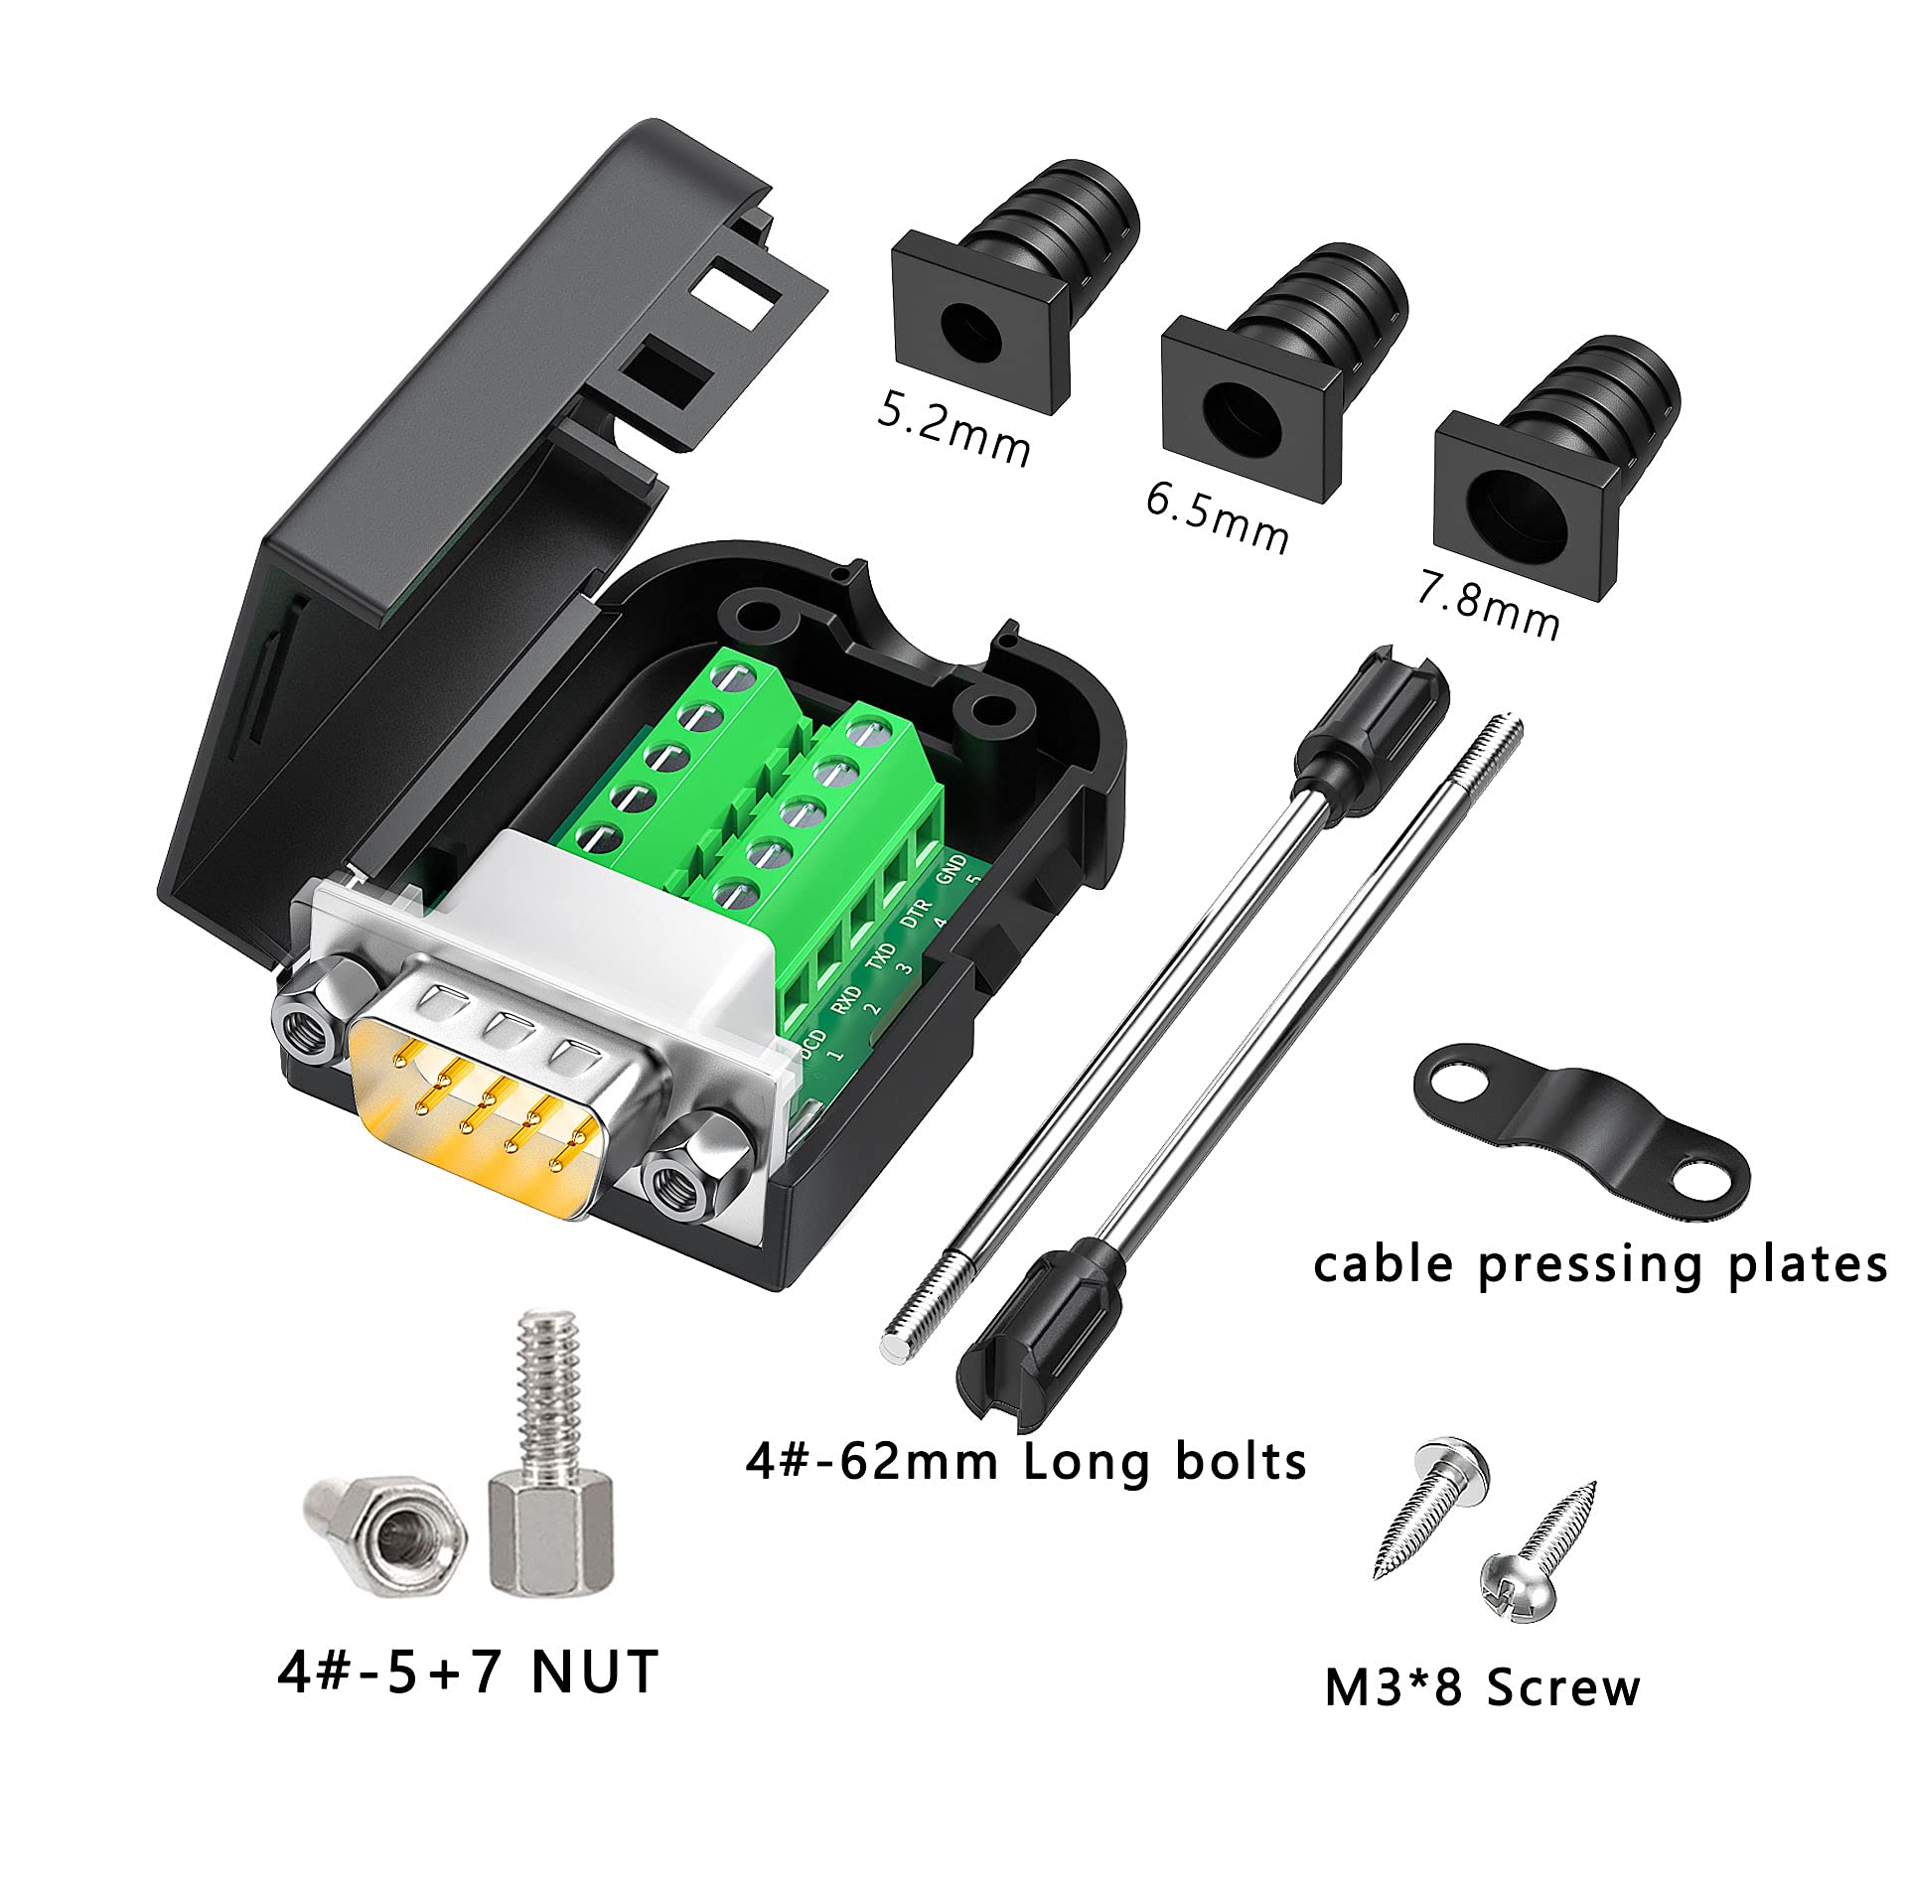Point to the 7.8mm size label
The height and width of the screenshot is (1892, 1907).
tap(1487, 604)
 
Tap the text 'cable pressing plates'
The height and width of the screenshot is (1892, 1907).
tap(1599, 1266)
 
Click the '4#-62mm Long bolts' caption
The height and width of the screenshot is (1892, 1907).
tap(1025, 1462)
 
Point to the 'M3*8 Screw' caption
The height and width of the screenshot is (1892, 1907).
tap(1482, 1688)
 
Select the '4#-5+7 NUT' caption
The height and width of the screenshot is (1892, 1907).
tap(468, 1672)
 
